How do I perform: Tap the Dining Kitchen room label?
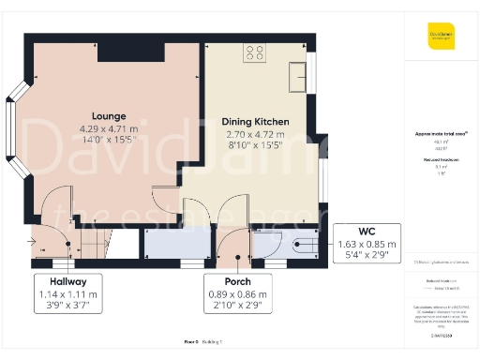(255, 122)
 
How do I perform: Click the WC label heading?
(367, 231)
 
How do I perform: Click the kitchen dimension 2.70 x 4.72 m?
(255, 136)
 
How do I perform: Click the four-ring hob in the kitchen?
(253, 52)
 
